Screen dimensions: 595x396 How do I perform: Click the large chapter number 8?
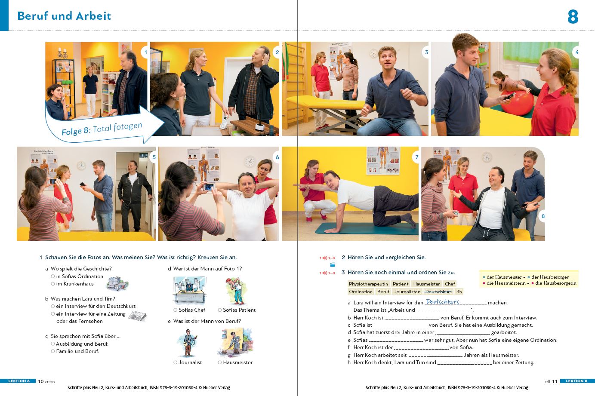[573, 17]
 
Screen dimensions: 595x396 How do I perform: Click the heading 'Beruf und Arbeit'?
[64, 16]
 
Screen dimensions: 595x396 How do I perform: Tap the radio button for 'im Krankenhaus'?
[53, 284]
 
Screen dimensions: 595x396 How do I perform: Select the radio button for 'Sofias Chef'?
[175, 310]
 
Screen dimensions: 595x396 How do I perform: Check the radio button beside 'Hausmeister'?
[220, 362]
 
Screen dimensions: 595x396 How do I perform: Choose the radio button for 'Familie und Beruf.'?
[53, 351]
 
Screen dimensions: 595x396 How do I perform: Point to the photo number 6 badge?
[277, 157]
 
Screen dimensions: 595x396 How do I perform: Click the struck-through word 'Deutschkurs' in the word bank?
[438, 292]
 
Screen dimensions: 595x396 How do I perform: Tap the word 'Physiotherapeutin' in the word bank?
[368, 284]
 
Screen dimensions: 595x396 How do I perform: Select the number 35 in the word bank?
[459, 292]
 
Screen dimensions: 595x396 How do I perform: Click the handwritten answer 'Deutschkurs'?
[442, 302]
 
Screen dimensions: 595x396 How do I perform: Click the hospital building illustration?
[117, 283]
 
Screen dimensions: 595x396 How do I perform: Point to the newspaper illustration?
[137, 316]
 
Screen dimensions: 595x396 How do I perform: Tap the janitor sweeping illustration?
[235, 342]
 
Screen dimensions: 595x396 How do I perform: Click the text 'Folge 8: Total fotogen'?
[102, 129]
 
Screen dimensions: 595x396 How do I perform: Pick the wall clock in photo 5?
[81, 166]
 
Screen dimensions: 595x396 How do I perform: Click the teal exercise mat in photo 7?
[367, 229]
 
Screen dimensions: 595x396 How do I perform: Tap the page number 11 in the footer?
[555, 381]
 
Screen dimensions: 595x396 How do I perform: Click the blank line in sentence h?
[465, 364]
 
